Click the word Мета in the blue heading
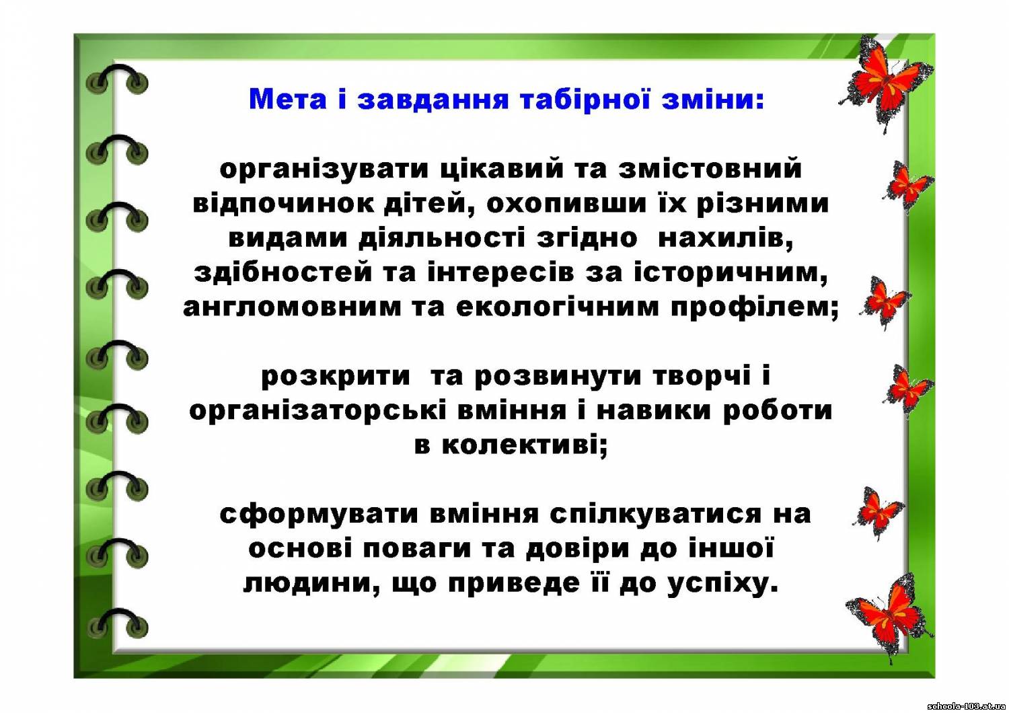287,99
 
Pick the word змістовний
710,168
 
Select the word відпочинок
283,204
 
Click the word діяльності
442,238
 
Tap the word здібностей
283,272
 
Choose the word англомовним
292,307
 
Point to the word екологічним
558,307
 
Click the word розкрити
336,377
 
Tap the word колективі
525,445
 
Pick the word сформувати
319,515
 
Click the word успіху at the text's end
722,584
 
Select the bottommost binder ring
117,624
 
